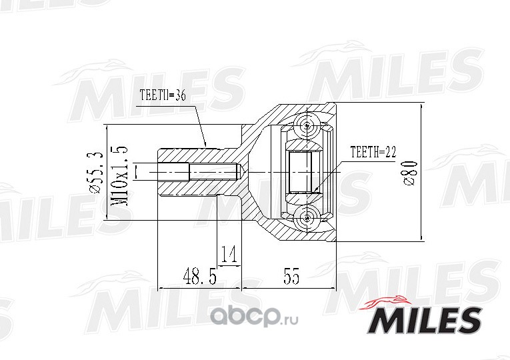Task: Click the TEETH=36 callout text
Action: pos(163,95)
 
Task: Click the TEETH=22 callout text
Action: pos(373,152)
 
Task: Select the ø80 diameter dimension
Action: pos(411,173)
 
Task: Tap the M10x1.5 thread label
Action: pos(119,176)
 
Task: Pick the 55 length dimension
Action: pos(291,277)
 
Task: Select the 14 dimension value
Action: pos(229,254)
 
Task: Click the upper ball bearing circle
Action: pos(307,125)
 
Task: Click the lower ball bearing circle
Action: pos(307,219)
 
